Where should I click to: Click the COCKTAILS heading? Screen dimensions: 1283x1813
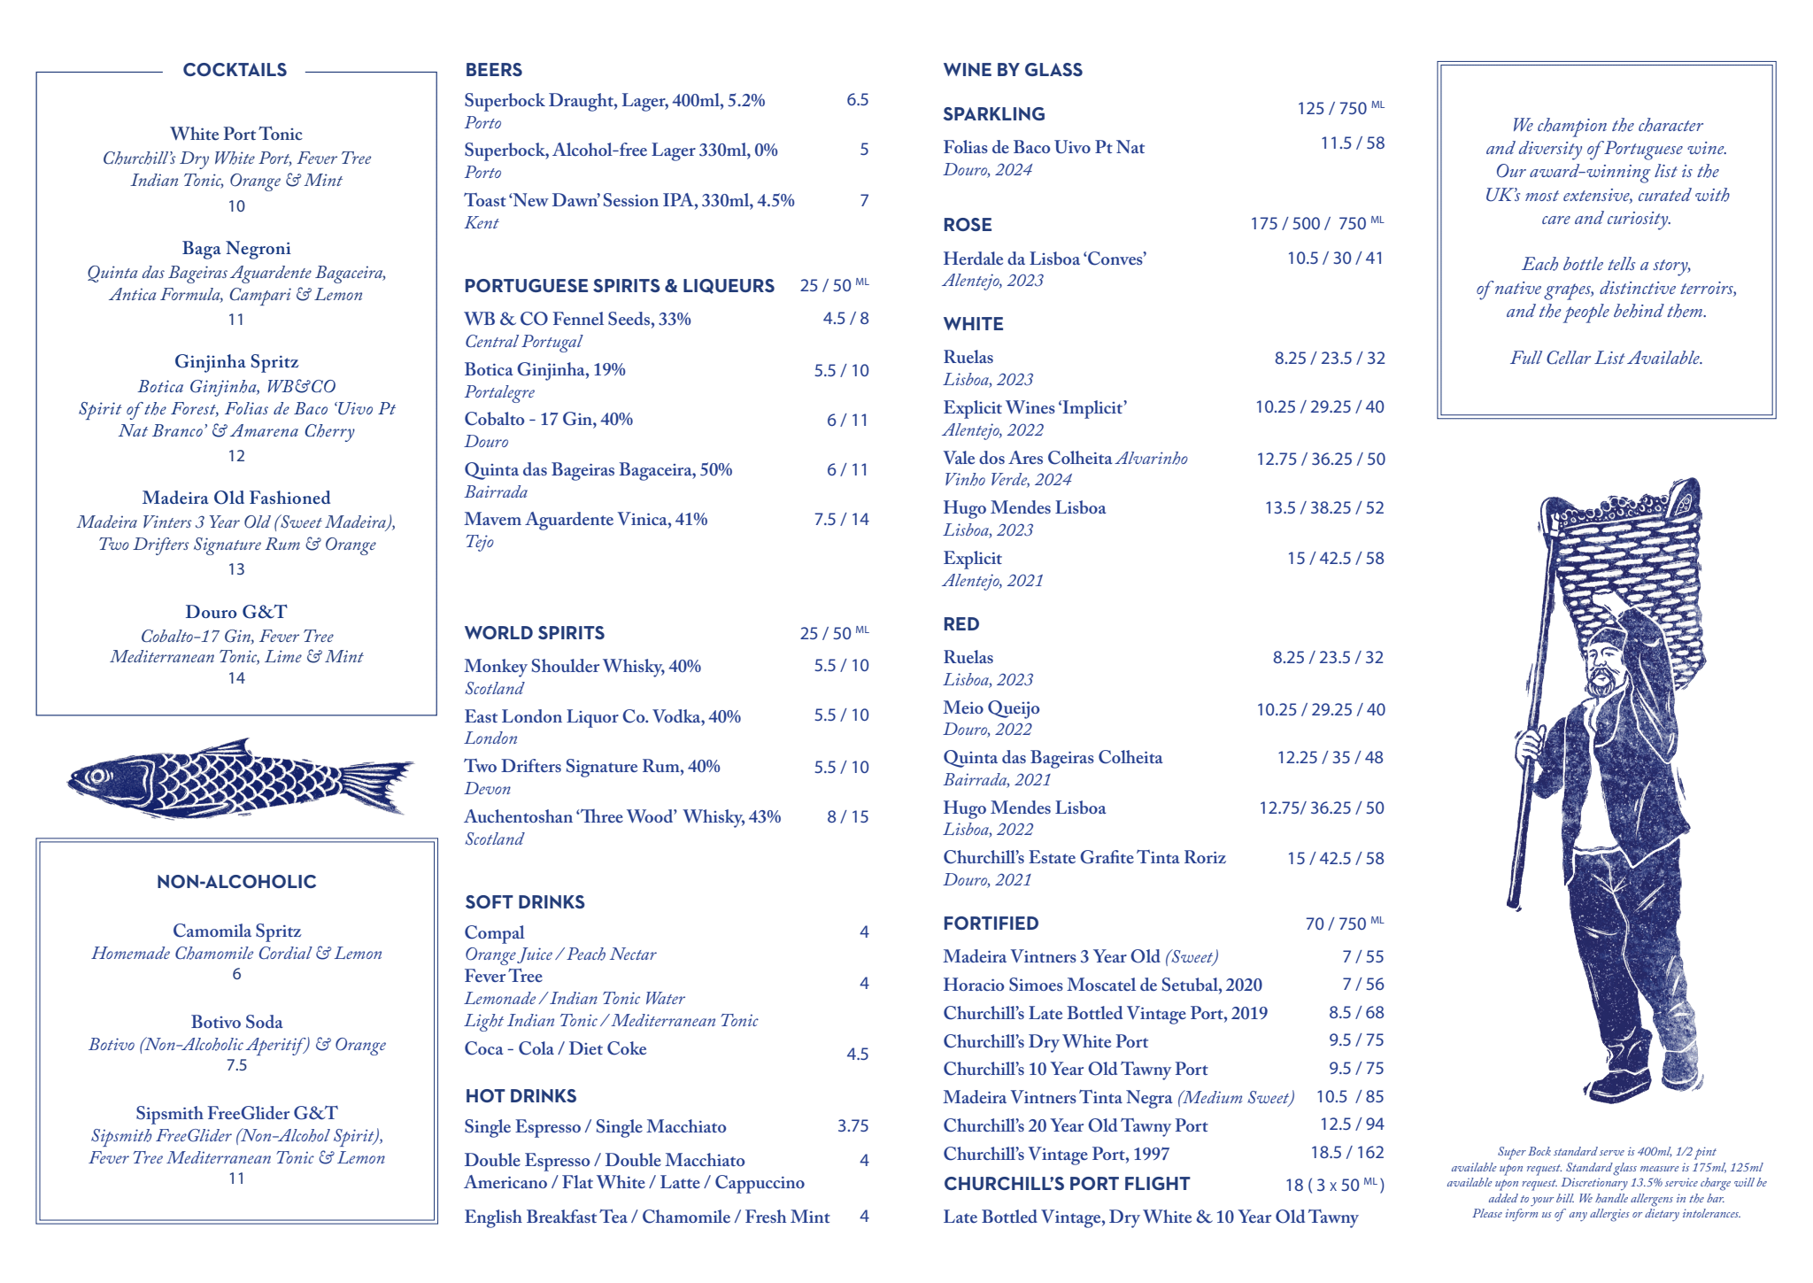(235, 70)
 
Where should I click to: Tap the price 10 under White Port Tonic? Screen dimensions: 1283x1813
(236, 206)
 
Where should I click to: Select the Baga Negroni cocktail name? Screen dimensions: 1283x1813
(236, 249)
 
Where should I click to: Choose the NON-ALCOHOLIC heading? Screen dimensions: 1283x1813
(236, 882)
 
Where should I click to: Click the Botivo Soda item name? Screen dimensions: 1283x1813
(236, 1022)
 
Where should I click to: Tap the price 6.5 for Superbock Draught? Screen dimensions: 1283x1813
(857, 100)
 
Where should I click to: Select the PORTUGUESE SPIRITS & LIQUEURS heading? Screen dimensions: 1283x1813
(619, 286)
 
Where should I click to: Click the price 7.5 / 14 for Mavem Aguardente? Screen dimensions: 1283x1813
(841, 520)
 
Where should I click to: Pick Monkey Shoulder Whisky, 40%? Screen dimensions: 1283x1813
(582, 666)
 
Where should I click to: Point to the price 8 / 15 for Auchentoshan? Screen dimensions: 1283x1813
(847, 817)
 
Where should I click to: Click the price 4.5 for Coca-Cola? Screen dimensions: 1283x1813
(857, 1055)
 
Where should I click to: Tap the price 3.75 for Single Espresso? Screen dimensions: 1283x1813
(852, 1126)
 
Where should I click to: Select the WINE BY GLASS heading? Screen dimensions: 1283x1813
(1013, 70)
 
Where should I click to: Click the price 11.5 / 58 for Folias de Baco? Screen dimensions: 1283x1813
(1352, 143)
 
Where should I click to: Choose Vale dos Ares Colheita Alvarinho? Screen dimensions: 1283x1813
(1065, 459)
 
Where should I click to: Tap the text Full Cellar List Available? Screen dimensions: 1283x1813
(1606, 359)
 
